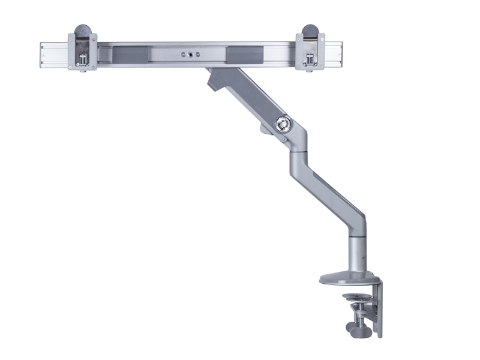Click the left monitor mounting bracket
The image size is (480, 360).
(x=82, y=51)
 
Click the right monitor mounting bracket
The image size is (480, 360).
(x=310, y=51)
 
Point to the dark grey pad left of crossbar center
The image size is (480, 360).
(x=128, y=55)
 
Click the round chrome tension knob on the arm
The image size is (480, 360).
(x=281, y=124)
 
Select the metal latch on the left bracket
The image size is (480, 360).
(x=83, y=60)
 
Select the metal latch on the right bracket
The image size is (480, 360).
(x=310, y=60)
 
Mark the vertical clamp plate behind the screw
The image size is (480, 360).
(x=377, y=309)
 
